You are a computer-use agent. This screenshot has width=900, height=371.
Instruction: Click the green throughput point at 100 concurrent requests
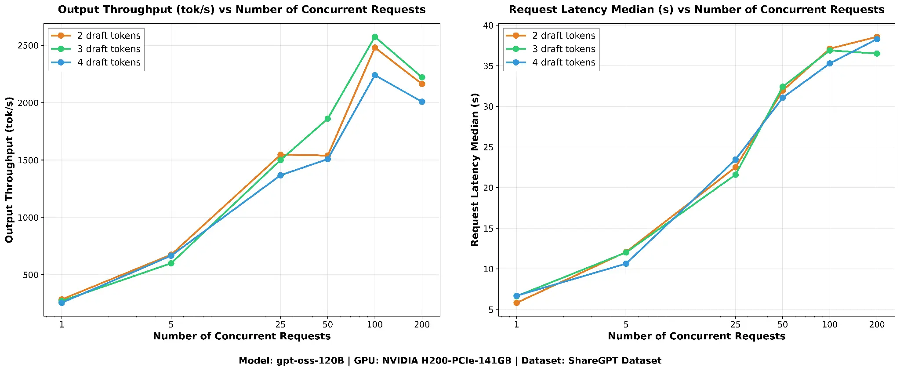[375, 37]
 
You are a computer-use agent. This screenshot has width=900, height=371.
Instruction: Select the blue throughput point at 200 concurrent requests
[422, 102]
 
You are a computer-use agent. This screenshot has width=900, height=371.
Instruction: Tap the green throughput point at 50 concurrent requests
[328, 119]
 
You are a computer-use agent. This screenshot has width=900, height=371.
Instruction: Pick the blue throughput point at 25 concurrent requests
[280, 175]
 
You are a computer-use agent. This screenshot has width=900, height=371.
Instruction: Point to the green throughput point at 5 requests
[171, 263]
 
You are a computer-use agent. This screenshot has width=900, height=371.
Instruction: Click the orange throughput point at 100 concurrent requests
[375, 47]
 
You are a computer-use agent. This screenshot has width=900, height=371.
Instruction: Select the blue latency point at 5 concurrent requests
[626, 264]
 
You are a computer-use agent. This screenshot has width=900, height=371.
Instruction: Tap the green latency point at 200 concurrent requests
[877, 54]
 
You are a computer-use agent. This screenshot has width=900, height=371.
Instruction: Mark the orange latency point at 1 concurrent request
[516, 303]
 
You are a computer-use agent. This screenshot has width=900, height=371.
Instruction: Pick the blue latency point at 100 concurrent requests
[830, 63]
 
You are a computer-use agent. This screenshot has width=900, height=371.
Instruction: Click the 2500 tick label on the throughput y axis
[30, 46]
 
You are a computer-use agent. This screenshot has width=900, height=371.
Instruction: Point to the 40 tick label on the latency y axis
[488, 25]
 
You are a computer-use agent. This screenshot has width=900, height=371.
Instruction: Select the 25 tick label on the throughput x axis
[280, 325]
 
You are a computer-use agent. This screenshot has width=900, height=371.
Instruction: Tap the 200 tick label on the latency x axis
[877, 325]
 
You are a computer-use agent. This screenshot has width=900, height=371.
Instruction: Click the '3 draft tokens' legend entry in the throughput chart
[109, 49]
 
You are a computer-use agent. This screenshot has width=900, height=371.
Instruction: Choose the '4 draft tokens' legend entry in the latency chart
[563, 62]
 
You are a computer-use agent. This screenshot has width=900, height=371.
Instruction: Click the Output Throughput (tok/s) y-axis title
[10, 170]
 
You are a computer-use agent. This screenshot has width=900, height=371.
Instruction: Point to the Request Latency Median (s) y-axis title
[475, 170]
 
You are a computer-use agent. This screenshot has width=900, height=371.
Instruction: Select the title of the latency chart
[697, 10]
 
